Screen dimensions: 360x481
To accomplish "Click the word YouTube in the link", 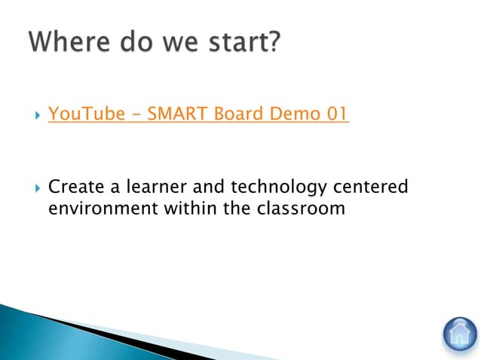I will (x=81, y=114).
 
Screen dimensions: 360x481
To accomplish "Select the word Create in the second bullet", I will (x=75, y=186).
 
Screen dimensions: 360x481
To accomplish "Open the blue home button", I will (x=458, y=333).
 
